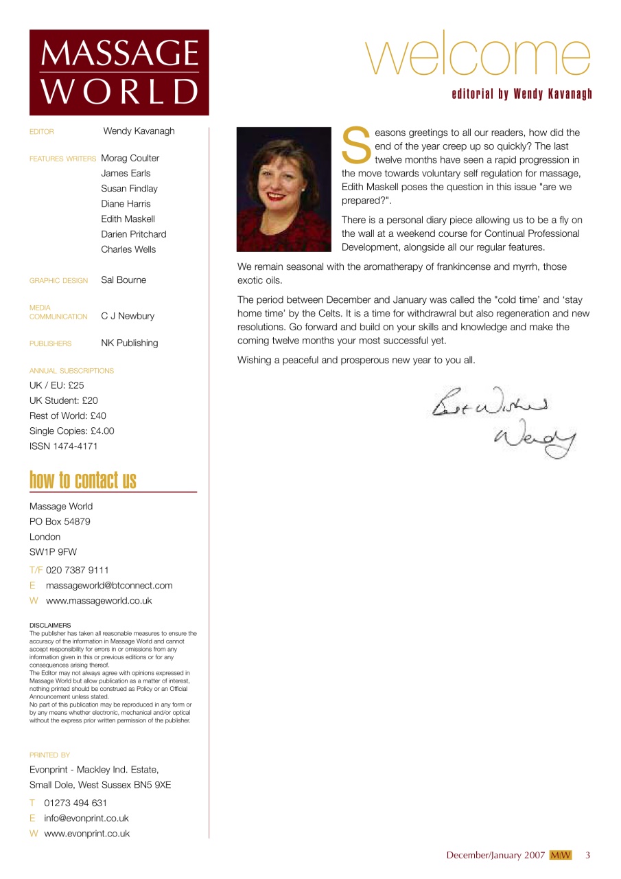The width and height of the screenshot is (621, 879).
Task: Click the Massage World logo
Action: [x=119, y=72]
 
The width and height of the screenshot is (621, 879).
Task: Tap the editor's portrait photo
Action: [x=284, y=189]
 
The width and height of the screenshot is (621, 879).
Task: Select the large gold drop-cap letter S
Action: [x=356, y=145]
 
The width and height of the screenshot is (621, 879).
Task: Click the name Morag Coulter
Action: [x=130, y=158]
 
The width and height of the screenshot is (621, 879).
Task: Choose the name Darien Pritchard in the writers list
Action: [x=133, y=234]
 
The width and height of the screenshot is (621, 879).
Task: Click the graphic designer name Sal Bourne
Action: [x=124, y=280]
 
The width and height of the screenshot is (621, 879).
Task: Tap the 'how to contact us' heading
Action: [x=83, y=481]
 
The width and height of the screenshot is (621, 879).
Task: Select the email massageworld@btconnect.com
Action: [x=109, y=586]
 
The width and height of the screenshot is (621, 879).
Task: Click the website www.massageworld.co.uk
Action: [x=99, y=601]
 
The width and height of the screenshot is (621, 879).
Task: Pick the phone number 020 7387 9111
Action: [x=77, y=570]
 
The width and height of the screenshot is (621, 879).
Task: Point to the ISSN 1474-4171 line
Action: [x=64, y=446]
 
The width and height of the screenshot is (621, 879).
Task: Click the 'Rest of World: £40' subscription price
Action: [x=68, y=416]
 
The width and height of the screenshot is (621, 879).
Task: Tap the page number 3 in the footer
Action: [x=587, y=855]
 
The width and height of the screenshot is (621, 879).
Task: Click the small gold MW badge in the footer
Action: [x=560, y=855]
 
